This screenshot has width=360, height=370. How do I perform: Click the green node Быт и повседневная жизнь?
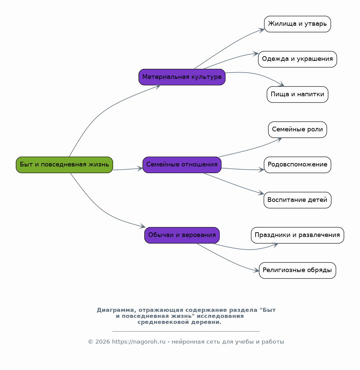(x=65, y=165)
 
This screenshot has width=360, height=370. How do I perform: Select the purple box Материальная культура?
(x=182, y=77)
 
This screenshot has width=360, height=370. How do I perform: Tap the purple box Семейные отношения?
(x=182, y=165)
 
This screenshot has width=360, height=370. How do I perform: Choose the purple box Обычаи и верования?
(x=182, y=235)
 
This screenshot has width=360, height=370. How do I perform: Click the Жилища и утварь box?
(x=297, y=24)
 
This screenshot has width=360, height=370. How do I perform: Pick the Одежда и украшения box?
(x=297, y=59)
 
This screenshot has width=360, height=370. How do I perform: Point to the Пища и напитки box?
(x=297, y=94)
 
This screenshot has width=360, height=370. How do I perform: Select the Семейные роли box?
(x=297, y=130)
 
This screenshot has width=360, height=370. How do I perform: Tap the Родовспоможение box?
(x=297, y=165)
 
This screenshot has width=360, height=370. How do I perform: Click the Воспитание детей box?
(x=297, y=200)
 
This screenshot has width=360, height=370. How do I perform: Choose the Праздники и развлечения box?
(x=297, y=235)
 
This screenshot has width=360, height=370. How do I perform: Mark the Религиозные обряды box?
(x=297, y=270)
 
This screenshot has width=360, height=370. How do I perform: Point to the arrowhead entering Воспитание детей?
(x=261, y=193)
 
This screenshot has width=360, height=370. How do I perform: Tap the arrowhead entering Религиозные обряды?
(x=257, y=270)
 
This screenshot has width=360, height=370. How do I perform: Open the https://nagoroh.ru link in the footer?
(x=139, y=342)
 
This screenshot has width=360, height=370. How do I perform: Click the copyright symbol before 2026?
(x=90, y=342)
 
